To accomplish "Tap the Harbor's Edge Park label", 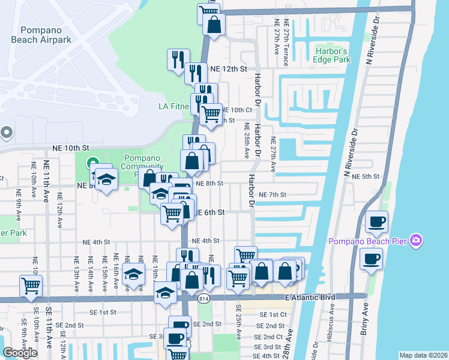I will pyautogui.click(x=332, y=56).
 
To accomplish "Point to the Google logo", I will pyautogui.click(x=20, y=352).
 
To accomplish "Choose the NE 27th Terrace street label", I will pyautogui.click(x=287, y=37).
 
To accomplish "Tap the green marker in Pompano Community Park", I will pyautogui.click(x=92, y=162).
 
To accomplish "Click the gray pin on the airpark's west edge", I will pyautogui.click(x=6, y=132).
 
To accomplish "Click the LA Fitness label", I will pyautogui.click(x=174, y=106).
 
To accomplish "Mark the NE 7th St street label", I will pyautogui.click(x=273, y=195).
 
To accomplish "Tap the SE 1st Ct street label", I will pyautogui.click(x=273, y=314).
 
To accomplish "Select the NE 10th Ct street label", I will pyautogui.click(x=237, y=110).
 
